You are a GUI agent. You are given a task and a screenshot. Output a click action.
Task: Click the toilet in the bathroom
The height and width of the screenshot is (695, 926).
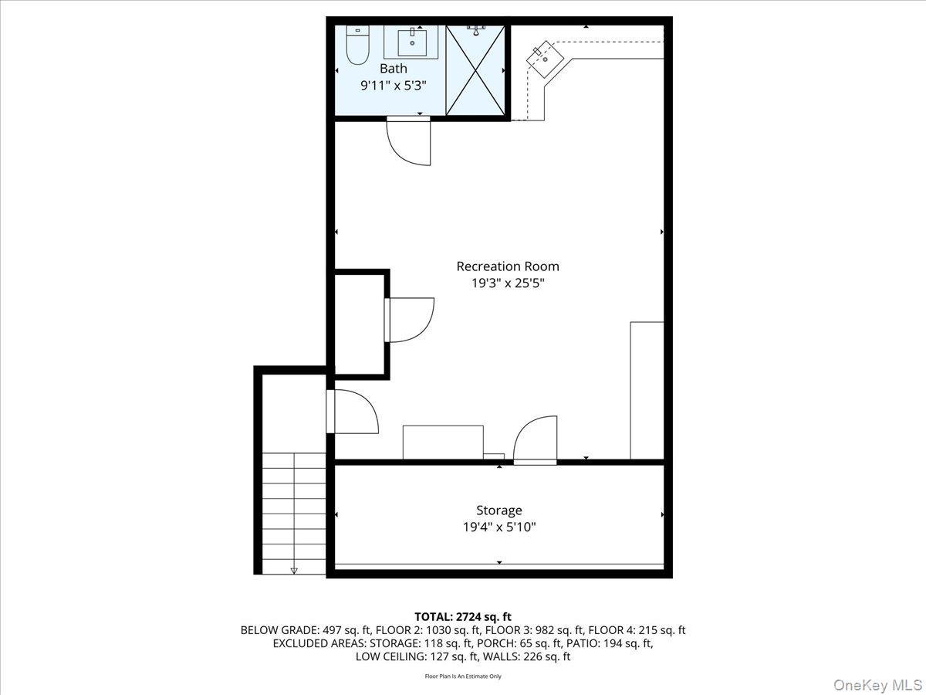(357, 46)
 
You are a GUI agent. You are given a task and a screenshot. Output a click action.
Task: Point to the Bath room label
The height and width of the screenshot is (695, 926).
(393, 69)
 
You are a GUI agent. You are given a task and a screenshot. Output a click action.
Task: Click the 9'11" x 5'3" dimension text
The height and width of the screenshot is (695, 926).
(393, 86)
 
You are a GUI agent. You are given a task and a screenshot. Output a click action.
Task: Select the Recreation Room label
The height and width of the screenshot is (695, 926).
(507, 266)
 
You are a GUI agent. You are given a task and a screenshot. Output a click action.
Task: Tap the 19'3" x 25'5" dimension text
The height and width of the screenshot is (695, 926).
(507, 283)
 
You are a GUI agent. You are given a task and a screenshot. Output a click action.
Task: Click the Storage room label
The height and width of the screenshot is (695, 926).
(498, 510)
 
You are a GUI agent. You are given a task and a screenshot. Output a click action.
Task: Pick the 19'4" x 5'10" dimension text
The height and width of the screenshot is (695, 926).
(498, 527)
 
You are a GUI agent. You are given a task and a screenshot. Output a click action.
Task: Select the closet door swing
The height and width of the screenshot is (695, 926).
(410, 320)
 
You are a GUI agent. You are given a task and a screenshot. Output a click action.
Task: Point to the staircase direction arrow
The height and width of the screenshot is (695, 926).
(293, 571)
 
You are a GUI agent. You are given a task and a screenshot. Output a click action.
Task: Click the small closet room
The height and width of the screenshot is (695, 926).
(359, 324)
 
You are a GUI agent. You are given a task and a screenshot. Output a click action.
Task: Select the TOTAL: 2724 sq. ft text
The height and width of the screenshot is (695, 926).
(463, 616)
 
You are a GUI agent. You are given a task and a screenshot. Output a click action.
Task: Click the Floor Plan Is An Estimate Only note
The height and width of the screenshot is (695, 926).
(463, 676)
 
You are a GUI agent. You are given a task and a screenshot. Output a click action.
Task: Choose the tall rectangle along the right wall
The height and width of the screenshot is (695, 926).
(647, 391)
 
